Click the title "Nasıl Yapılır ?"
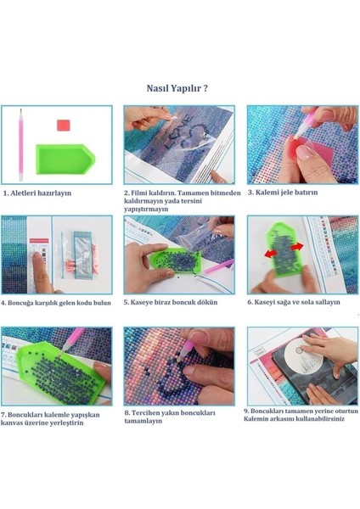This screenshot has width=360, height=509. (177, 88)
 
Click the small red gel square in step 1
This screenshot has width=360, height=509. (64, 125)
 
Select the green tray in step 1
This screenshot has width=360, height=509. (65, 159)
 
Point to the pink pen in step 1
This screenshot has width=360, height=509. (20, 145)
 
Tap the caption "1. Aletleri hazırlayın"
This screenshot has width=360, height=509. (37, 193)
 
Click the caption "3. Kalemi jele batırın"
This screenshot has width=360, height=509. (283, 193)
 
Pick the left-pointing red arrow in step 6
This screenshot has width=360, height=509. (270, 253)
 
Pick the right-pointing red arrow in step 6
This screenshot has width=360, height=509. (297, 247)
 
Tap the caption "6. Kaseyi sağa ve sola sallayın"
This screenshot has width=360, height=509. (294, 302)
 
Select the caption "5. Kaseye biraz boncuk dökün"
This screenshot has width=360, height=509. (171, 302)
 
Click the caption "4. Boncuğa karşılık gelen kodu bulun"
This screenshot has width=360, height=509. (56, 303)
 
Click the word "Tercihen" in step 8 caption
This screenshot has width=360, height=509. (145, 413)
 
